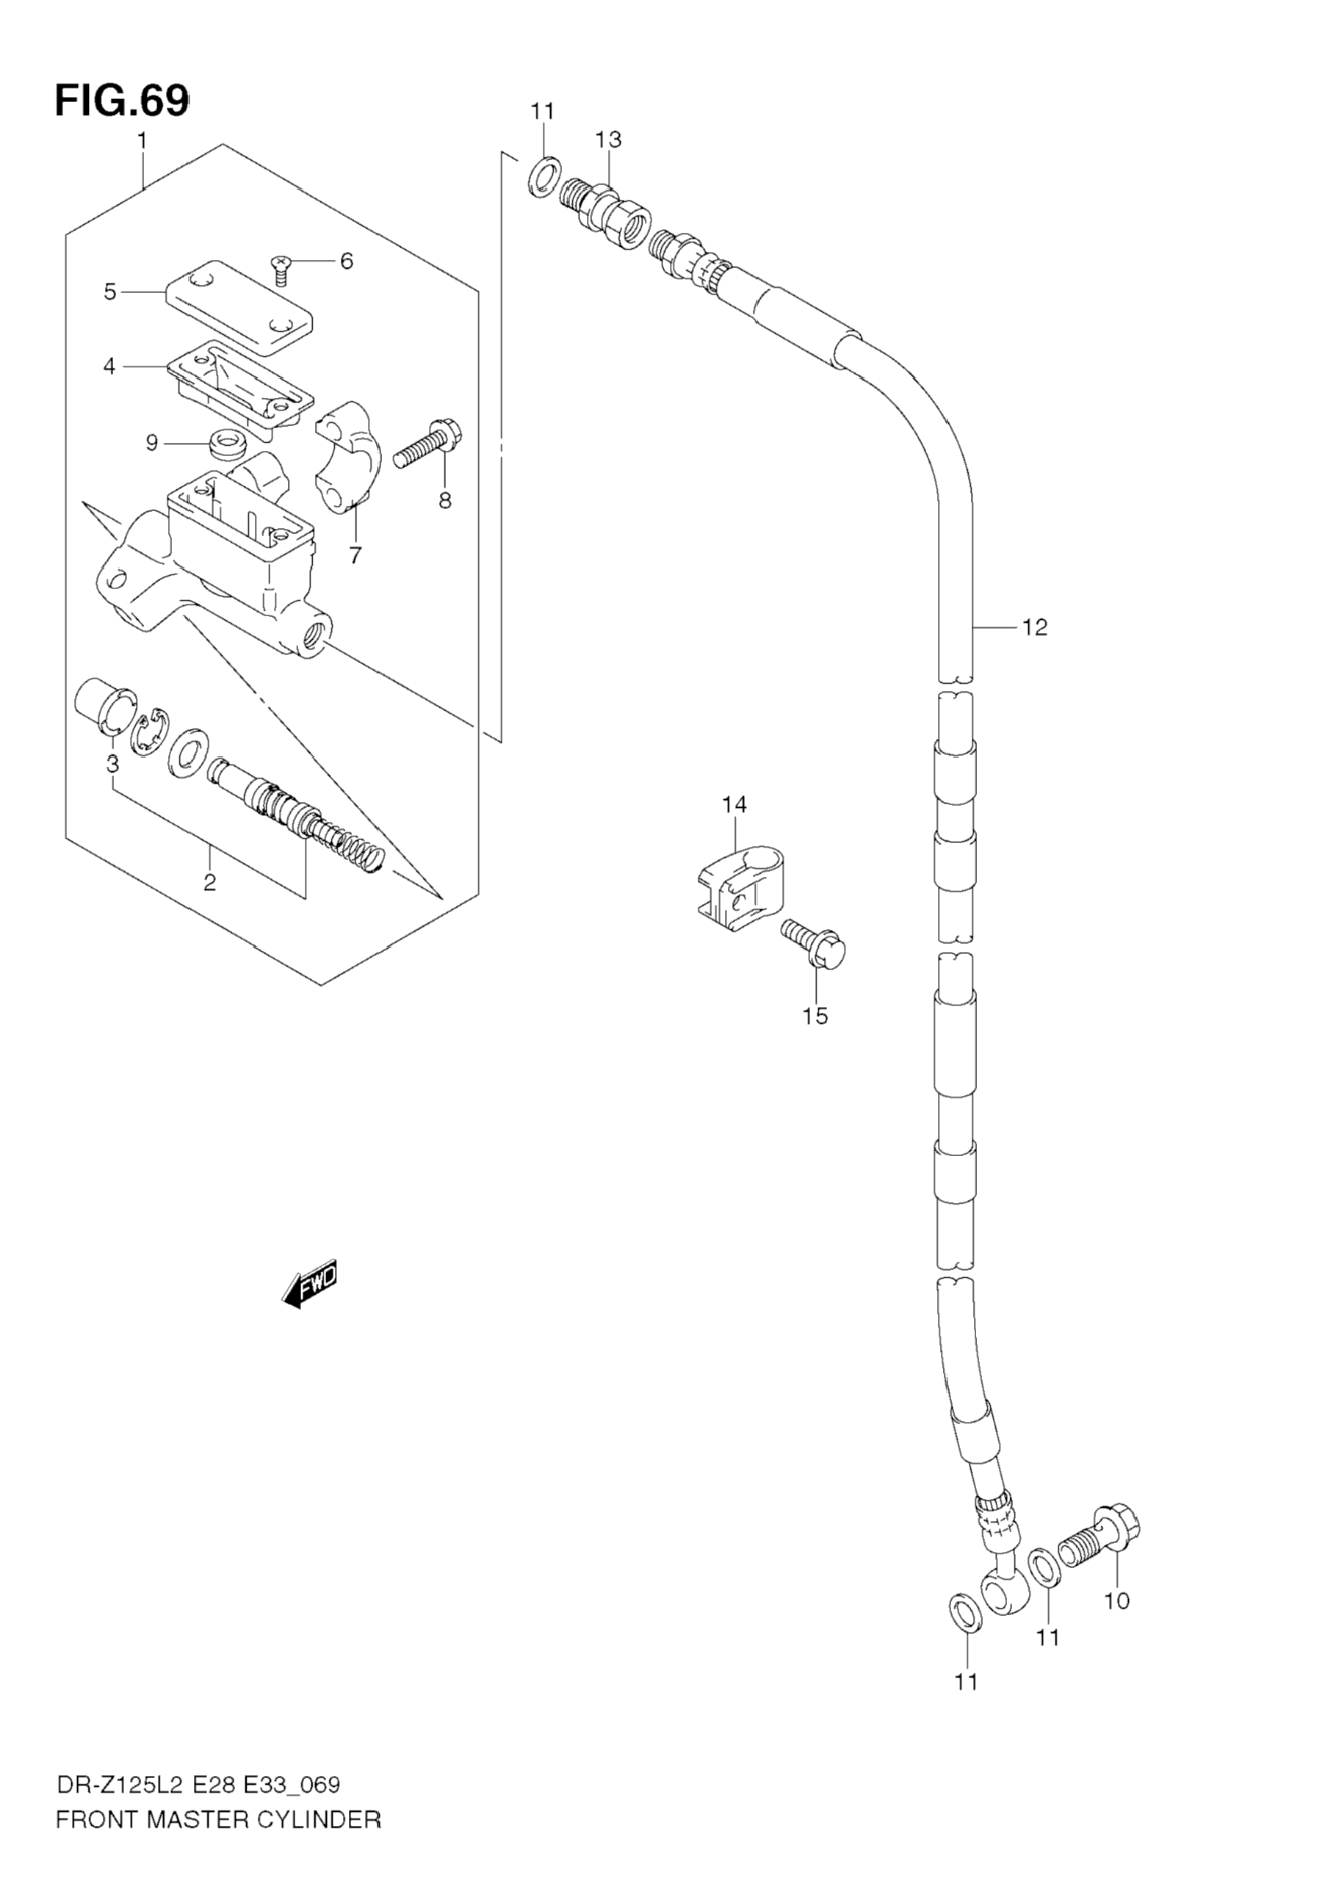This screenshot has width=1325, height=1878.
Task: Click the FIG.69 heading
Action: [121, 101]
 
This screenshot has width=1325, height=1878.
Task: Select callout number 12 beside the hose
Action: [1034, 627]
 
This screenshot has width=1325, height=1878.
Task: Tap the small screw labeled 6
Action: [281, 267]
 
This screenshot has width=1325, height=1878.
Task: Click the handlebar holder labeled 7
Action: [350, 458]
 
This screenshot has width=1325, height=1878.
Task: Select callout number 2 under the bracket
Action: [209, 883]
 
